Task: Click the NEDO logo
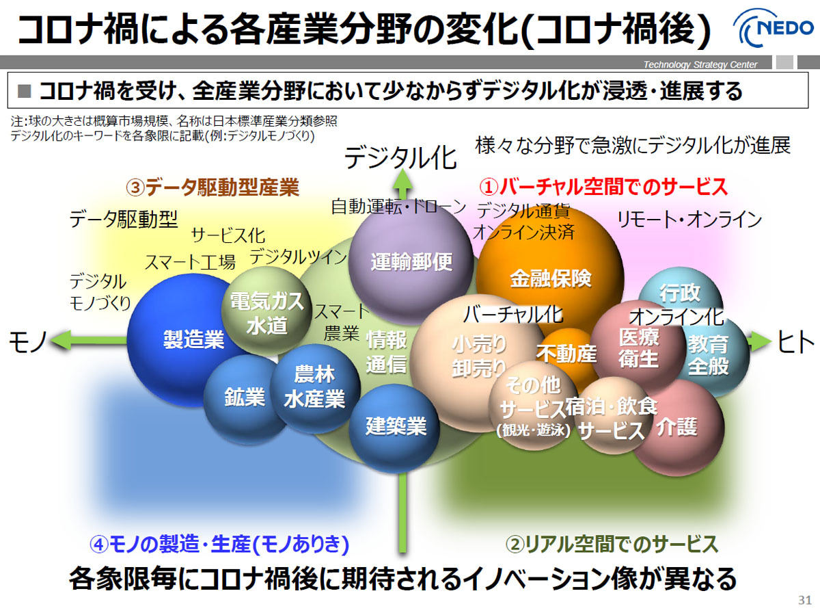click(774, 28)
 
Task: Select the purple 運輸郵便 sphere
click(411, 262)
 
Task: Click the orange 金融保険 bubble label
click(551, 278)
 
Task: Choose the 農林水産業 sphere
click(314, 389)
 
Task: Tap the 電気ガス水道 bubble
click(266, 311)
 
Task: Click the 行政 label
click(680, 292)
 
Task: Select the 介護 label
click(677, 427)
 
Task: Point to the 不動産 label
click(566, 353)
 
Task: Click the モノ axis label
click(28, 341)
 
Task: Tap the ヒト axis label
click(795, 341)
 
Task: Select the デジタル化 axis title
click(400, 157)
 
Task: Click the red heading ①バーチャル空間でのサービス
click(603, 187)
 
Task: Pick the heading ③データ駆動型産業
click(213, 187)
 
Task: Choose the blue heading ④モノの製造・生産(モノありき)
click(219, 544)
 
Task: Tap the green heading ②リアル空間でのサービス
click(612, 544)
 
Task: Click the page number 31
click(805, 600)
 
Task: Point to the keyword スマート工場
click(190, 262)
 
